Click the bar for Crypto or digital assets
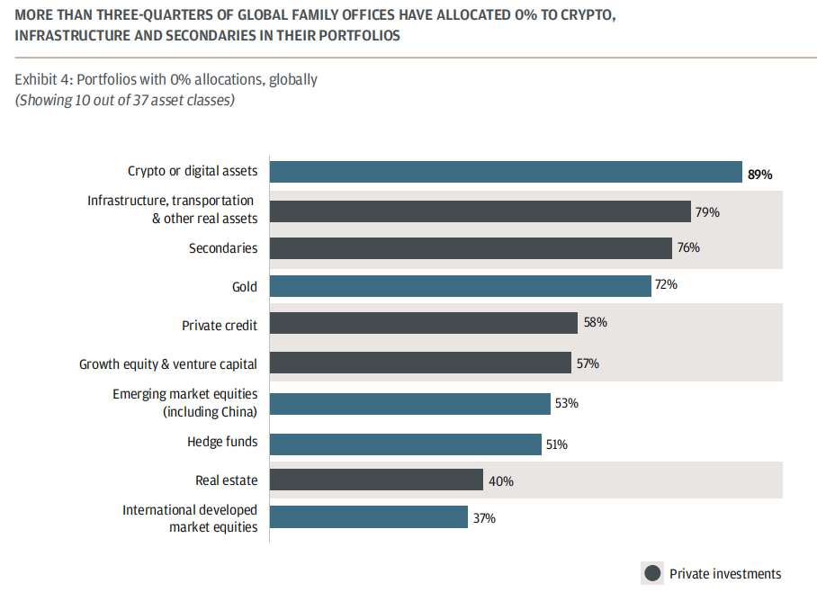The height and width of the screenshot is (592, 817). tap(505, 173)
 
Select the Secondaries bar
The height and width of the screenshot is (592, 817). tap(471, 248)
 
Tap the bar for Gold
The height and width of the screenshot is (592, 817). tap(460, 286)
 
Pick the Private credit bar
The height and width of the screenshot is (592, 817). tap(423, 324)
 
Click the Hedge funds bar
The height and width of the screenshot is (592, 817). tap(405, 444)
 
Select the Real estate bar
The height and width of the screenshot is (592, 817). tap(376, 480)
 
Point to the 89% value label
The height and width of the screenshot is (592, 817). tap(759, 175)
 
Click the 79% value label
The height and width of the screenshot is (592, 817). tap(707, 212)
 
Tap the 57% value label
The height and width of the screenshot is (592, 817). tap(588, 363)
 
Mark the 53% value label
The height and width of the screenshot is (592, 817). tap(566, 403)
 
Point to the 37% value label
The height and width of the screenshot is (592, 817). tap(483, 518)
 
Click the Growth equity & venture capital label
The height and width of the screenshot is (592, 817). tap(168, 364)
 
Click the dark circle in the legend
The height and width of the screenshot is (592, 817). tap(651, 573)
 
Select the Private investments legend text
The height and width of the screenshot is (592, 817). tap(725, 573)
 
